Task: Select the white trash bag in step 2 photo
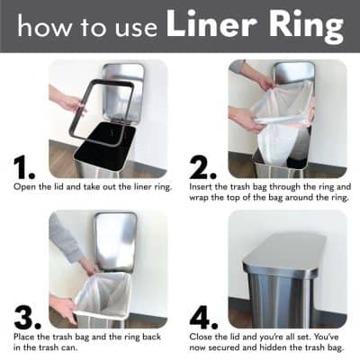coord(281,121)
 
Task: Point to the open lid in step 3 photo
coord(115,239)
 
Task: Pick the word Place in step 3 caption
coord(24,337)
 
